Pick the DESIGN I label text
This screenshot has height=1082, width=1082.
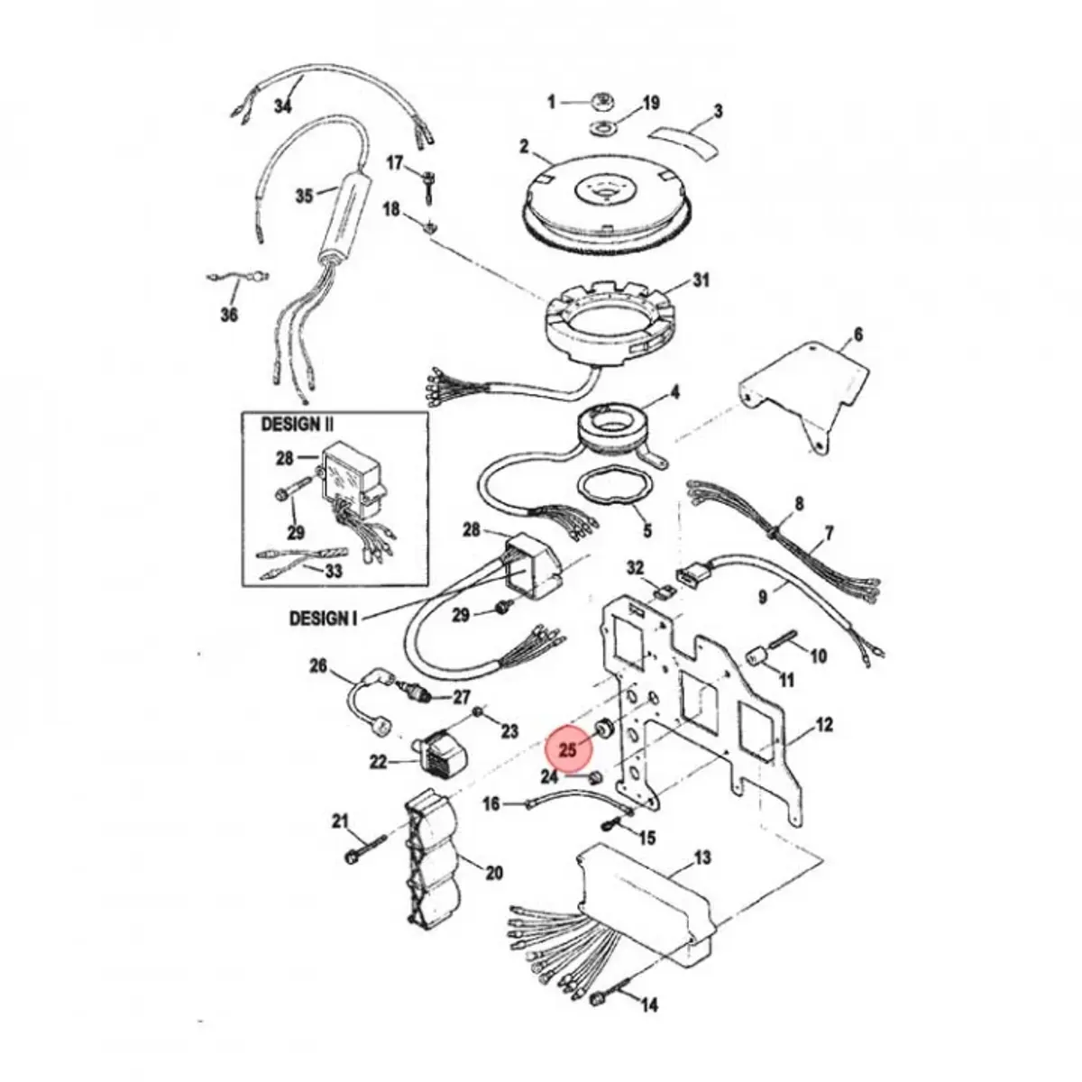[323, 619]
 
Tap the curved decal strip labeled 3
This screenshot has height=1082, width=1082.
[683, 135]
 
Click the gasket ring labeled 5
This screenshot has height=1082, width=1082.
[613, 493]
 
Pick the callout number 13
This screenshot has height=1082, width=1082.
[702, 857]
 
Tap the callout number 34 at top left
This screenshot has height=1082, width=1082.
[282, 105]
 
